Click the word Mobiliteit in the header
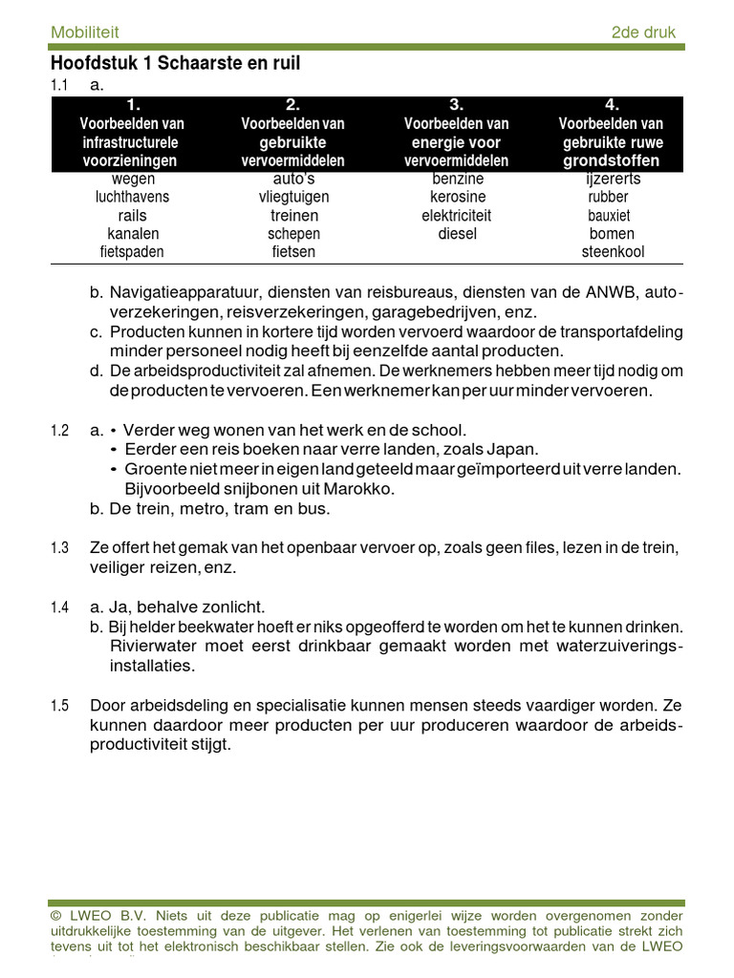pos(85,32)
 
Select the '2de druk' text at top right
pos(642,32)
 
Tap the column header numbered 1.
pos(133,105)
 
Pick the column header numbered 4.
pos(612,105)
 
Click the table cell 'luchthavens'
pos(133,197)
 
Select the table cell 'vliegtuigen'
pos(293,197)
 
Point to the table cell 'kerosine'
pos(457,197)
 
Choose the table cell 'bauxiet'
pos(609,216)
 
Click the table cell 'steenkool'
pos(613,252)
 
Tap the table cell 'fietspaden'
pos(133,252)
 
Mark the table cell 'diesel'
pos(457,234)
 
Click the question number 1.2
pos(59,432)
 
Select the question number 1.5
pos(59,707)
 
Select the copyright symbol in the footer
pos(55,916)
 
